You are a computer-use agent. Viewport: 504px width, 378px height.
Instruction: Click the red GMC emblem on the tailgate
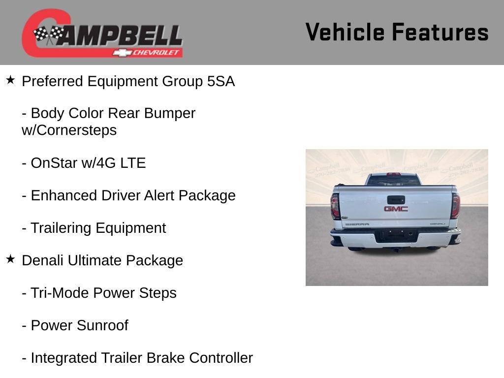[x=396, y=209]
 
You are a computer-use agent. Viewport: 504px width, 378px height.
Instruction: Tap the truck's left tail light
[x=335, y=206]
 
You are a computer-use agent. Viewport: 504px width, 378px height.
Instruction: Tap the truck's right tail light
[x=455, y=206]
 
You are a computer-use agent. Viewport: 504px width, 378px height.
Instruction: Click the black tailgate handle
[x=396, y=199]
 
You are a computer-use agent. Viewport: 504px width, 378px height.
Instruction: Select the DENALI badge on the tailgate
[x=437, y=224]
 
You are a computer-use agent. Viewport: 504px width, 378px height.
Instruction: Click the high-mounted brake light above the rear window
[x=393, y=174]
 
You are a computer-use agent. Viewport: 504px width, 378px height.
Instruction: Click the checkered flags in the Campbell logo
[x=49, y=34]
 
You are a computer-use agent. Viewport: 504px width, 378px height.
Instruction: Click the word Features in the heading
[x=441, y=32]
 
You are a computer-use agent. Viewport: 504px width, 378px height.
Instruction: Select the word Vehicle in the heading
[x=345, y=32]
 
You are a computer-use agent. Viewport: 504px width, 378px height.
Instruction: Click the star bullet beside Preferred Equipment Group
[x=10, y=80]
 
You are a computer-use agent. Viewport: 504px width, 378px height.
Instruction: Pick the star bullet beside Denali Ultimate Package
[x=10, y=259]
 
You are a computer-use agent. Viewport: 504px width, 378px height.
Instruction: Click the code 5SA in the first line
[x=221, y=81]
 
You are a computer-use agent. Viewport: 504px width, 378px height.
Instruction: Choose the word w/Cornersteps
[x=69, y=130]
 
